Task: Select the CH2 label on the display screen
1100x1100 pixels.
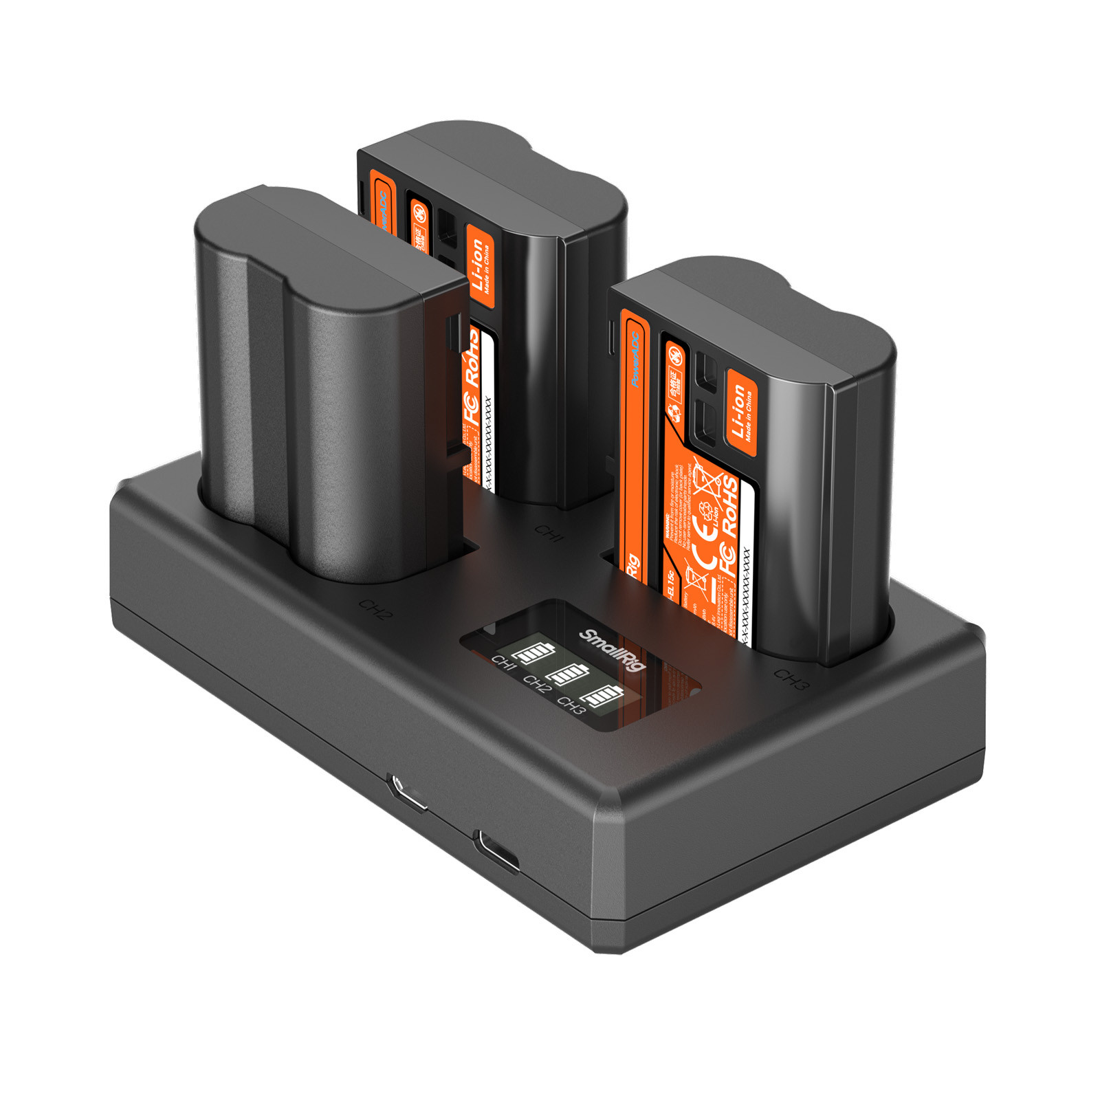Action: (x=536, y=684)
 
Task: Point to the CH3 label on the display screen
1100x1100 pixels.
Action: (x=570, y=705)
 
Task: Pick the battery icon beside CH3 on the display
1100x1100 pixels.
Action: (x=602, y=696)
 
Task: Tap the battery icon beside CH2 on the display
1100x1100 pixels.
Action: (x=568, y=674)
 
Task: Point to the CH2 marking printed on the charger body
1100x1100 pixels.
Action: (x=375, y=609)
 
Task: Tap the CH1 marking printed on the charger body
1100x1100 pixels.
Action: (x=549, y=533)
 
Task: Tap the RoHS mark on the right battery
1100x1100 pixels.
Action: (x=729, y=507)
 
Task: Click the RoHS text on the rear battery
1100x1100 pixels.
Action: (x=472, y=356)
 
